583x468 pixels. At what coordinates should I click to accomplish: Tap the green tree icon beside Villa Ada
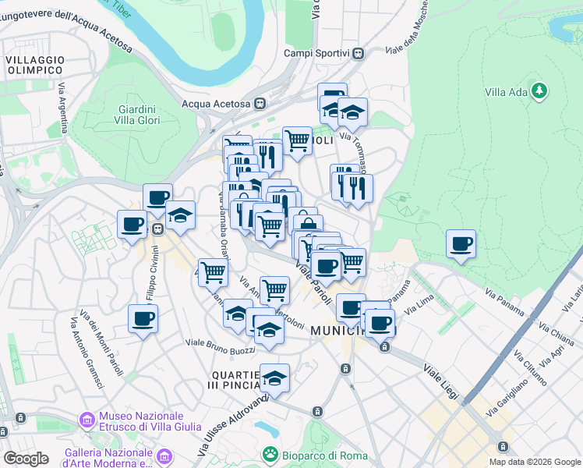point(539,91)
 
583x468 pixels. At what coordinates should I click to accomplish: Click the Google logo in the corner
point(26,458)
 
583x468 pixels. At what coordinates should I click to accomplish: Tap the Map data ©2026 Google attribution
point(534,462)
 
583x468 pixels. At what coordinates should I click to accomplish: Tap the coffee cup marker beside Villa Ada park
point(461,243)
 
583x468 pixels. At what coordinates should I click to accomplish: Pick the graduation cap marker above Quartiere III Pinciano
point(274,378)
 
